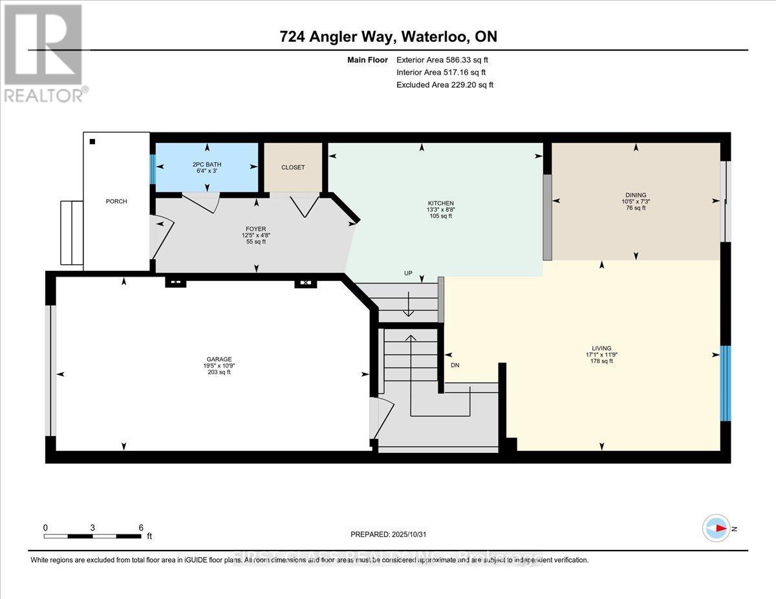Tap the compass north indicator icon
tap(717, 528)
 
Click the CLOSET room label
tap(292, 167)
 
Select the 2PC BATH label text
tap(207, 165)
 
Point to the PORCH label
tap(116, 202)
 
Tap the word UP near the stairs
tap(407, 273)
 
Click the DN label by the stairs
tap(455, 366)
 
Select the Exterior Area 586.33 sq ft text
tap(446, 59)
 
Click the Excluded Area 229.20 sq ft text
tap(446, 85)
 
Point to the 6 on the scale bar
tap(141, 527)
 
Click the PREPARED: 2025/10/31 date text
tap(389, 534)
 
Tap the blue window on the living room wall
tap(726, 383)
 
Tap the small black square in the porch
tap(92, 142)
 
